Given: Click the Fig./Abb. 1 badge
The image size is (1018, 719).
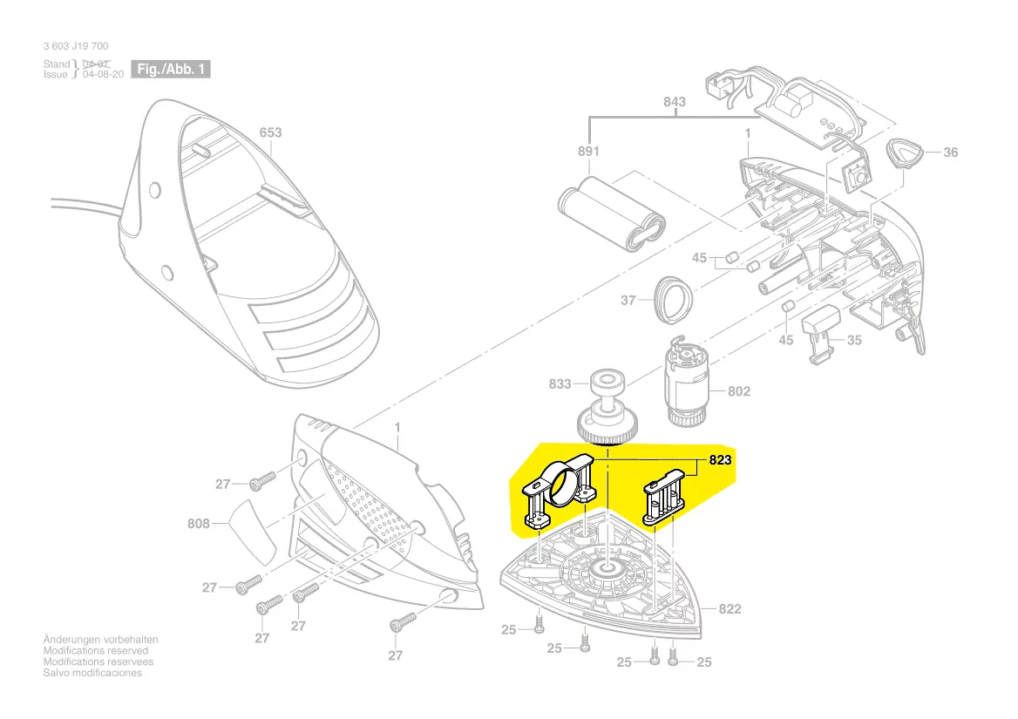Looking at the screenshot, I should [x=170, y=69].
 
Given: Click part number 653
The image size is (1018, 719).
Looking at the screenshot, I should [x=270, y=133].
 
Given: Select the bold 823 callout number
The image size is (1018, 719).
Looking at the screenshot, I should [x=720, y=461].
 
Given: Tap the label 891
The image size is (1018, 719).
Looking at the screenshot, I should [x=589, y=151].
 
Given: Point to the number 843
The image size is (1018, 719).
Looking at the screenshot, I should [x=674, y=102].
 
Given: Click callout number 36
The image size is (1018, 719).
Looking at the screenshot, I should [x=950, y=153].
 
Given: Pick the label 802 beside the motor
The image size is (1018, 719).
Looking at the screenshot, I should [x=738, y=391].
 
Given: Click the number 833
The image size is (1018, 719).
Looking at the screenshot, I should [x=560, y=383].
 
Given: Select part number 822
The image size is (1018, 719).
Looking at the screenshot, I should [x=730, y=608].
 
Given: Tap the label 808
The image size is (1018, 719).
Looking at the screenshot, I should [x=200, y=525].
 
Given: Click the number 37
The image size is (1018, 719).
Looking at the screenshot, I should [x=628, y=301].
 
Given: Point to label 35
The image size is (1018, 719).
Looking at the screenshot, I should [x=854, y=340].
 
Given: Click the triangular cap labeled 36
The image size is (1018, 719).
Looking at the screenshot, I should [x=905, y=155].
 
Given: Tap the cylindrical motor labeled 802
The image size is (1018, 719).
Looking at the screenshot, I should [x=688, y=384].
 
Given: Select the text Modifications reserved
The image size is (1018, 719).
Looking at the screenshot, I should [x=96, y=650].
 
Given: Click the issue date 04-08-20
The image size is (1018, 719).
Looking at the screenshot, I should [x=103, y=75].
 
